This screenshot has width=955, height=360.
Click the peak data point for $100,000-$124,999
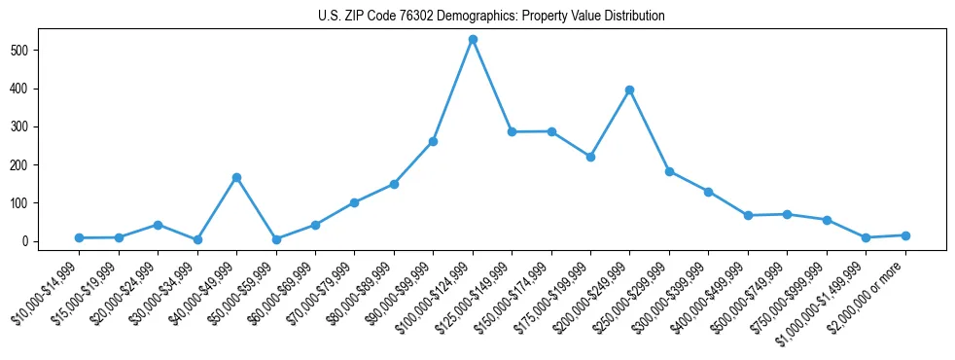pyautogui.click(x=473, y=39)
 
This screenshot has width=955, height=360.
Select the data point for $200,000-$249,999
pyautogui.click(x=630, y=90)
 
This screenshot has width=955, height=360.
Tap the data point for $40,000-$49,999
pyautogui.click(x=236, y=177)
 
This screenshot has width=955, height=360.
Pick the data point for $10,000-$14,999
pyautogui.click(x=79, y=237)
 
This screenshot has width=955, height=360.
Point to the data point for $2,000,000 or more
pyautogui.click(x=905, y=235)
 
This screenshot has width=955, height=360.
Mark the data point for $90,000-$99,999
pyautogui.click(x=433, y=141)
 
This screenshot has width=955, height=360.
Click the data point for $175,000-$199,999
pyautogui.click(x=590, y=157)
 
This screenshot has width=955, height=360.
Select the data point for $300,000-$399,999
pyautogui.click(x=709, y=192)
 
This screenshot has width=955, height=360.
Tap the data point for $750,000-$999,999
pyautogui.click(x=827, y=220)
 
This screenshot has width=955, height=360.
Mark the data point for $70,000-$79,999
pyautogui.click(x=354, y=202)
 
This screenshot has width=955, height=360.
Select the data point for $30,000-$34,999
pyautogui.click(x=197, y=239)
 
